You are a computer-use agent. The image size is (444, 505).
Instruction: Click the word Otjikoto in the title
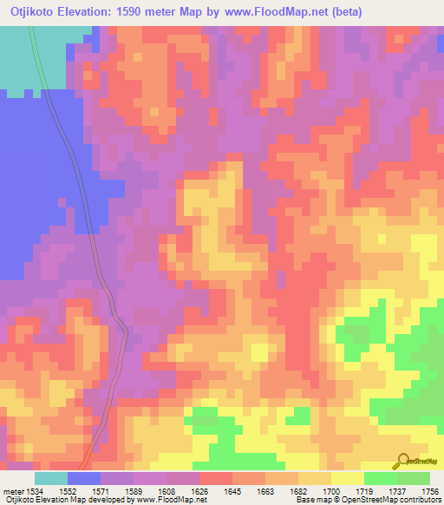[x=32, y=12]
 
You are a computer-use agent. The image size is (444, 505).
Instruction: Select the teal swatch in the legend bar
[x=51, y=478]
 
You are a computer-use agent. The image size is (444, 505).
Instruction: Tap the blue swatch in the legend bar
[x=84, y=478]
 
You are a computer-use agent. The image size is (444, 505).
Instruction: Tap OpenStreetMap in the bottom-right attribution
[x=390, y=501]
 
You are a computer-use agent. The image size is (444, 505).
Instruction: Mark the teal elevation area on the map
[x=26, y=61]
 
